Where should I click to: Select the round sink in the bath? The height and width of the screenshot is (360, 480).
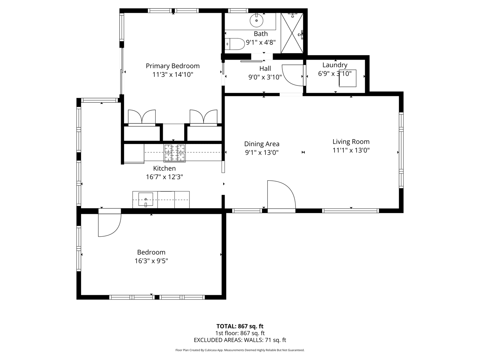pyautogui.click(x=256, y=21)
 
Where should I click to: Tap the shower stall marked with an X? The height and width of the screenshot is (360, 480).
pyautogui.click(x=292, y=33)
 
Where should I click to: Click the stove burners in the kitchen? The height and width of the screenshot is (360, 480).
pyautogui.click(x=174, y=153)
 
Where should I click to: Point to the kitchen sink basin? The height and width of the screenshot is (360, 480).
pyautogui.click(x=145, y=199)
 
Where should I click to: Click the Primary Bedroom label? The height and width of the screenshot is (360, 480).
pyautogui.click(x=172, y=66)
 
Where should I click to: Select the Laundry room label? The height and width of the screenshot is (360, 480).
pyautogui.click(x=335, y=65)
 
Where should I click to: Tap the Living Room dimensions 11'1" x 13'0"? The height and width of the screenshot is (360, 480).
pyautogui.click(x=351, y=150)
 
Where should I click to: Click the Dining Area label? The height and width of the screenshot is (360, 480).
pyautogui.click(x=261, y=144)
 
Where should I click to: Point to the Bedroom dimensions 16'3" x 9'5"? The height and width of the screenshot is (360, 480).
pyautogui.click(x=151, y=261)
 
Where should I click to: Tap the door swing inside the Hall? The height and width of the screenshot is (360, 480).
pyautogui.click(x=293, y=75)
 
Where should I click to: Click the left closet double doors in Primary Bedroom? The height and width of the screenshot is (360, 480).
pyautogui.click(x=142, y=118)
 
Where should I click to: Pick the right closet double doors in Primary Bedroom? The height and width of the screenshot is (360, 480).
pyautogui.click(x=203, y=118)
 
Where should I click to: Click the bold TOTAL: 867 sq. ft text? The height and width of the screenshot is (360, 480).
pyautogui.click(x=240, y=326)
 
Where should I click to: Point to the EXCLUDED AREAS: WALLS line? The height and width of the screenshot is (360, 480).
pyautogui.click(x=240, y=340)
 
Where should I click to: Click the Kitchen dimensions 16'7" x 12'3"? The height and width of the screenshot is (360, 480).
pyautogui.click(x=165, y=177)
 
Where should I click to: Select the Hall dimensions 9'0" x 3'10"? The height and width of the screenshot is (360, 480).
pyautogui.click(x=265, y=77)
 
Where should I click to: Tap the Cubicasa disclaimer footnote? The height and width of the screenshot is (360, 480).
pyautogui.click(x=240, y=350)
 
